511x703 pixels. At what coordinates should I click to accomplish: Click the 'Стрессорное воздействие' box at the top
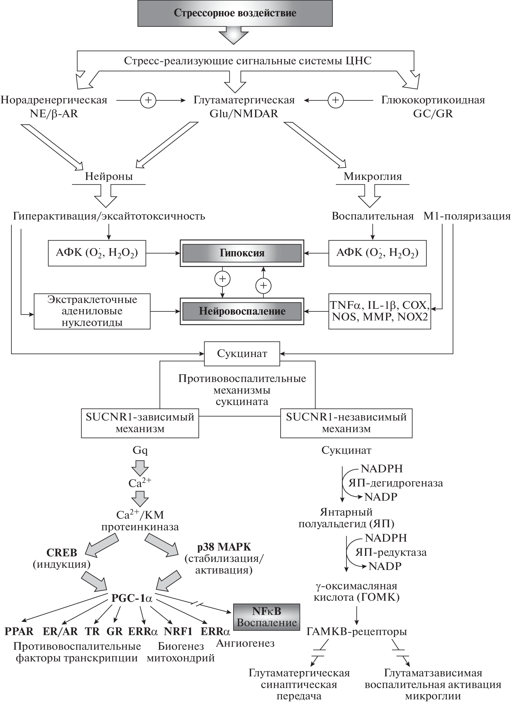(235, 13)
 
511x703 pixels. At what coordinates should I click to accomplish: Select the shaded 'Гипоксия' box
(242, 253)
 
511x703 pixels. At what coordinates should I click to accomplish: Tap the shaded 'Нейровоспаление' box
(242, 311)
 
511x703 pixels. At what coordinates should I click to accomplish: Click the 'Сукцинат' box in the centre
(242, 354)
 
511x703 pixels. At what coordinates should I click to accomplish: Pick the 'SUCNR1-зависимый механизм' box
(140, 423)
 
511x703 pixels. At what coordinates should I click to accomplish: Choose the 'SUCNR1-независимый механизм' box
(346, 423)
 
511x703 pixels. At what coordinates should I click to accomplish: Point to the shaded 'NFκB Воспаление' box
(267, 617)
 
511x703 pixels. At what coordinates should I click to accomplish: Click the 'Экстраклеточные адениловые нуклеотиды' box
(92, 311)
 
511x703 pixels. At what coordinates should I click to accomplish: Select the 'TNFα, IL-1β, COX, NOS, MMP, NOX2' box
(379, 311)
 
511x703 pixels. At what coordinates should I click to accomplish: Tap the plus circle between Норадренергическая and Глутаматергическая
(148, 100)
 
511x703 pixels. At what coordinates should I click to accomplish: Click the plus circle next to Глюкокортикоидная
(335, 100)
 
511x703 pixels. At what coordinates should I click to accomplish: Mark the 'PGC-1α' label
(132, 598)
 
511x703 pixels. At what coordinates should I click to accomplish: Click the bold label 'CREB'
(62, 552)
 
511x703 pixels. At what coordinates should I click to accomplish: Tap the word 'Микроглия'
(373, 176)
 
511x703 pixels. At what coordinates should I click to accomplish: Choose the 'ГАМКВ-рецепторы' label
(356, 632)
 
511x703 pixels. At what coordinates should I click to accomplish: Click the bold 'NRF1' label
(178, 632)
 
